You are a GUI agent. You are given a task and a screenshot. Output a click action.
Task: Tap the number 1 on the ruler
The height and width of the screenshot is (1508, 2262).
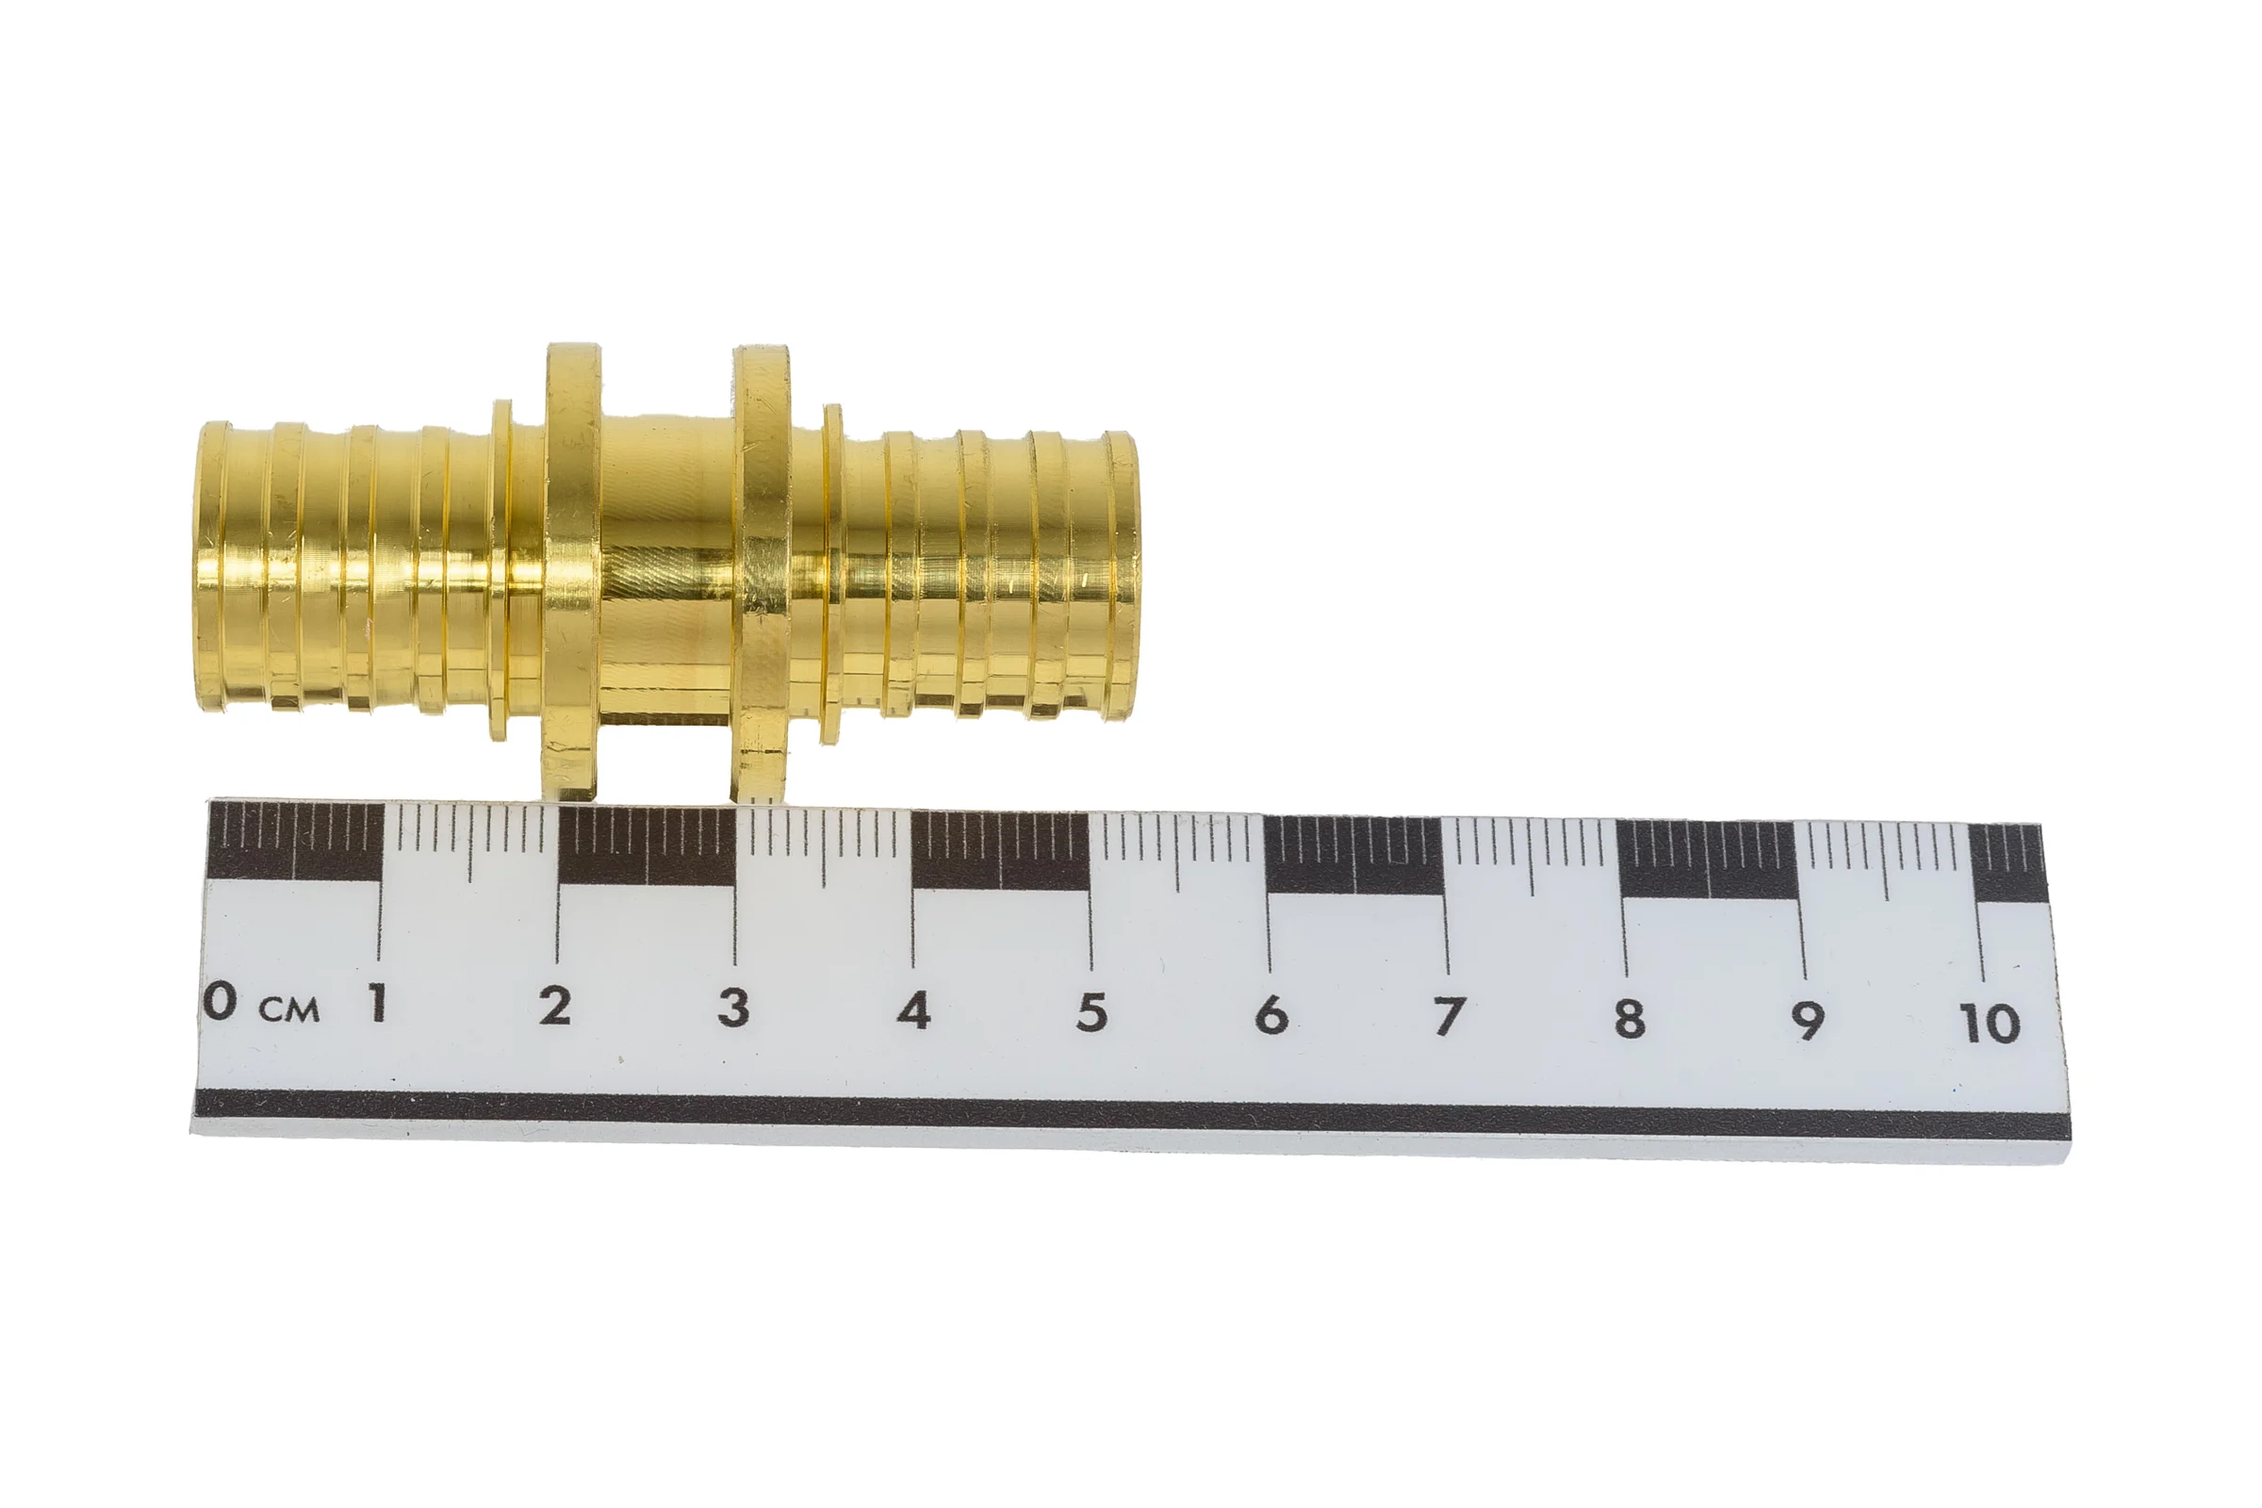pos(378,1003)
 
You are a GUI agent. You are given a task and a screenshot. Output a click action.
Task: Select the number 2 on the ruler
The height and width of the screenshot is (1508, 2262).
pos(554,1006)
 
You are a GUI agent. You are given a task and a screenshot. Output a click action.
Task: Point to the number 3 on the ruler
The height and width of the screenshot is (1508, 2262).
pos(733,1008)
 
